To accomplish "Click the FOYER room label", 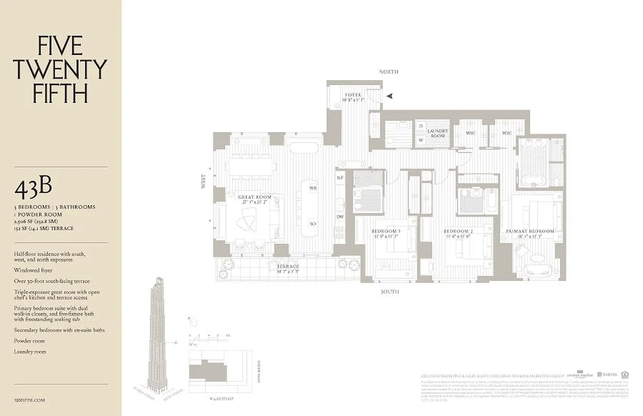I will pyautogui.click(x=352, y=95).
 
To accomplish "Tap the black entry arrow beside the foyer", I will pyautogui.click(x=389, y=96).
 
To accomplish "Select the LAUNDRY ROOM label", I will pyautogui.click(x=437, y=133).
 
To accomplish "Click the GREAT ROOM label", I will pyautogui.click(x=255, y=197).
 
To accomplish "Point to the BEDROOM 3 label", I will pyautogui.click(x=386, y=231).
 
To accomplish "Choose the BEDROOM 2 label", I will pyautogui.click(x=457, y=231).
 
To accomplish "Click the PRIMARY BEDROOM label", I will pyautogui.click(x=530, y=231).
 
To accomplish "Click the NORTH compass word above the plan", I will pyautogui.click(x=388, y=72).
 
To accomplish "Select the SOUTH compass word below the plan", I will pyautogui.click(x=389, y=292).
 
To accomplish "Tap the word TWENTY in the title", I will pyautogui.click(x=60, y=69).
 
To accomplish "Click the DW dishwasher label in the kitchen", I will pyautogui.click(x=340, y=217).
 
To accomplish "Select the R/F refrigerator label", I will pyautogui.click(x=340, y=178).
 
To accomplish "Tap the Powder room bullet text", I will pyautogui.click(x=30, y=341).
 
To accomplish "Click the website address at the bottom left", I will pyautogui.click(x=30, y=400).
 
